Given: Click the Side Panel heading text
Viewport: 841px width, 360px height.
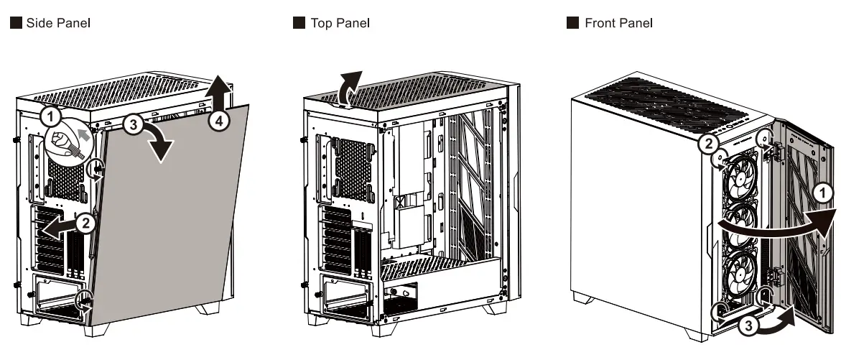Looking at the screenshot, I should (x=58, y=23).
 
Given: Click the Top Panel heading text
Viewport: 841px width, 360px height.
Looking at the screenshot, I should (x=340, y=23).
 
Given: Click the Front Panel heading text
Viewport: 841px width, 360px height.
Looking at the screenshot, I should (x=618, y=23).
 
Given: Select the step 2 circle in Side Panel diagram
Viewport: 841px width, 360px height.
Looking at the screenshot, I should (x=85, y=222).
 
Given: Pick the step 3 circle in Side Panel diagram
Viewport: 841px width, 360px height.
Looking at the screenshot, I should (x=131, y=124).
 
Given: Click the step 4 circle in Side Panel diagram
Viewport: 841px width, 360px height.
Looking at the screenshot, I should (x=219, y=121).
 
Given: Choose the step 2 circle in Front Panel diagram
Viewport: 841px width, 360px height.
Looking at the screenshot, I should (x=707, y=144).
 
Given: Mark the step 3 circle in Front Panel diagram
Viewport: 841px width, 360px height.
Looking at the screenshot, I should (x=748, y=325).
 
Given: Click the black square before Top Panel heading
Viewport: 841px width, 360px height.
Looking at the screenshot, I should (x=299, y=23).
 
